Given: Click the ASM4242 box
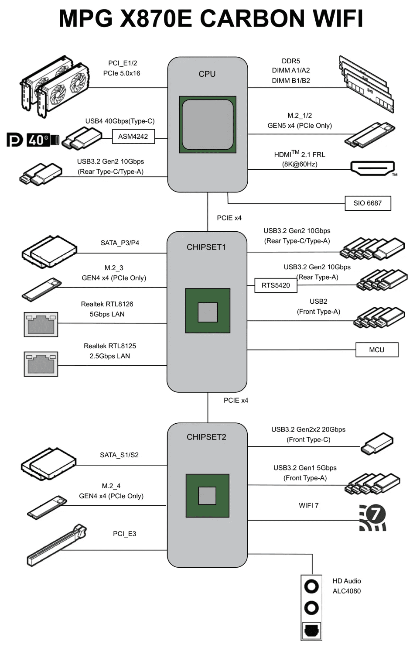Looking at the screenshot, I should point(133,137).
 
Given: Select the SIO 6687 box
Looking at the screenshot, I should point(367,203).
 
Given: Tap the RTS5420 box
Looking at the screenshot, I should point(276,285).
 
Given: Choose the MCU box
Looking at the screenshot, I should point(377,350).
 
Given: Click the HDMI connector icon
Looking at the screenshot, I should point(372,168).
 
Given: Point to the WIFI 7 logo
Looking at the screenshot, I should point(373,518).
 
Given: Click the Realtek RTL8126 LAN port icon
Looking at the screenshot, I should point(41,324).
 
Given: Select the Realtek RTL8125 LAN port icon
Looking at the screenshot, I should point(41,364).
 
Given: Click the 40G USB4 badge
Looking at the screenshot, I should point(43,140).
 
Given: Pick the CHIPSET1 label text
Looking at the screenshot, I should point(206,247).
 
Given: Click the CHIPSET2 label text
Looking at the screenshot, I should point(206,437).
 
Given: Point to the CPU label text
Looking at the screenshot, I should point(207,74).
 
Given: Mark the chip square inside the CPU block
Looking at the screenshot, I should point(208,125).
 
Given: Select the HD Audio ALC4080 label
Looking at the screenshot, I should point(347,586).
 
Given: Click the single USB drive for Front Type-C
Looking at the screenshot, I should point(377,444).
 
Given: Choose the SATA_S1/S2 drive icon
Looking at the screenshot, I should point(48,463).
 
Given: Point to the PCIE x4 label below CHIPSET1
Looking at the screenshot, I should point(236,401).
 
